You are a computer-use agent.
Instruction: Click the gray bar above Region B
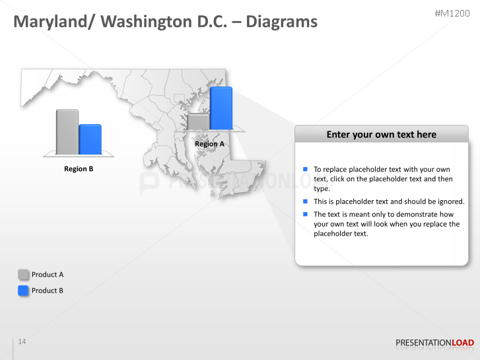67,131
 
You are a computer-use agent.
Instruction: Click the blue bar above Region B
90,139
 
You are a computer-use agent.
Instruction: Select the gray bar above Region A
198,122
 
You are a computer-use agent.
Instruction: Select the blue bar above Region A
221,108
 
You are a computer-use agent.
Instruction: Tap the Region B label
79,169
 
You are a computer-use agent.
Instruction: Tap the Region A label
209,144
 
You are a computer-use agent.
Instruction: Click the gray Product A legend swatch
24,275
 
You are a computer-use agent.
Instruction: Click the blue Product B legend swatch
24,291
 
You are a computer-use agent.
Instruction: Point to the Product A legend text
48,275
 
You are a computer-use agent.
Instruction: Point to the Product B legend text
48,291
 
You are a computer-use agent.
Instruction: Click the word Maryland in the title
53,22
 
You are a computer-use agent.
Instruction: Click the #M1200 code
453,13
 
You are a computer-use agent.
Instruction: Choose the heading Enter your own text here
381,135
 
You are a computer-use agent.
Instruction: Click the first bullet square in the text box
306,170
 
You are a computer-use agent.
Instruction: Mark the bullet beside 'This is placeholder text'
306,201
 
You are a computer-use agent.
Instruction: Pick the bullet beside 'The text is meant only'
306,214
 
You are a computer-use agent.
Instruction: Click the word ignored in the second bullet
449,201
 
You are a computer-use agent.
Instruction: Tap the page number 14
22,342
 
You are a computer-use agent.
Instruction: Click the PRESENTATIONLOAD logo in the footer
434,343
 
